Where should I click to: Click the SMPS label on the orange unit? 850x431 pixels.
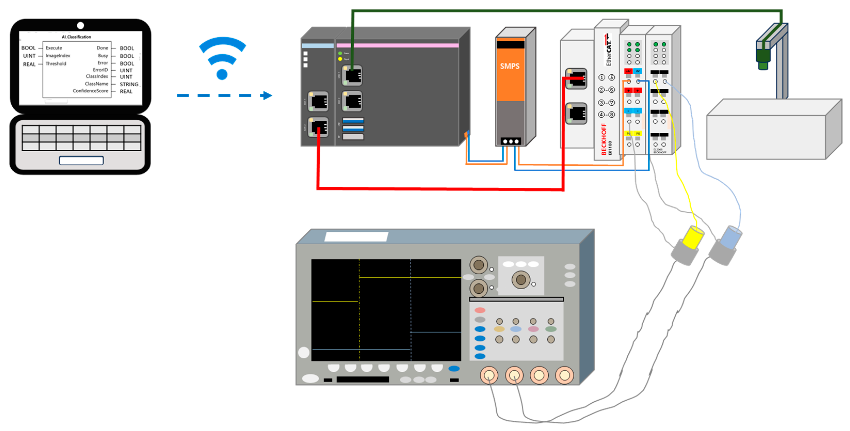[x=509, y=66]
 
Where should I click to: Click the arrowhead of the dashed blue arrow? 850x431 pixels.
[x=267, y=95]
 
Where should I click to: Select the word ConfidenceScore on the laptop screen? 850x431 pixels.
[x=90, y=91]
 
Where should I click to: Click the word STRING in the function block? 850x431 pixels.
[x=129, y=84]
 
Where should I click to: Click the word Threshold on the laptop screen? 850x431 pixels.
[x=56, y=63]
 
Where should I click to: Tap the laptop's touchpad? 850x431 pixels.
[x=81, y=160]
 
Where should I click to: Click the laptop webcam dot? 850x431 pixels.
[x=80, y=25]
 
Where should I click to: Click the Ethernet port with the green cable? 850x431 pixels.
[x=352, y=76]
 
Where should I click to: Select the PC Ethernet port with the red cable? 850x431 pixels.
[x=318, y=127]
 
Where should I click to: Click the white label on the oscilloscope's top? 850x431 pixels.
[x=356, y=236]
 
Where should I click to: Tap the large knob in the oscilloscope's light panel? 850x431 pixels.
[x=520, y=280]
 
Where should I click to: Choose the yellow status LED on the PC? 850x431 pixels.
[x=340, y=59]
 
